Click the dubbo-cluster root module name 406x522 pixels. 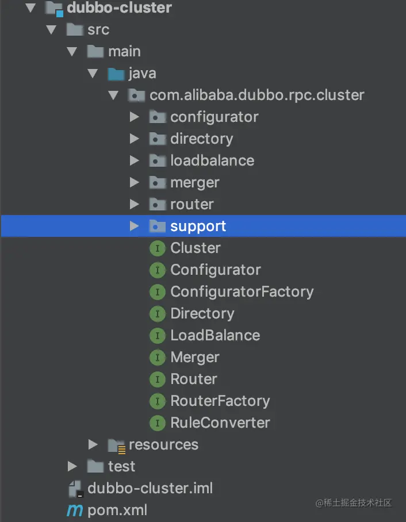pos(119,8)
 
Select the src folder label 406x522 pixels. pos(98,30)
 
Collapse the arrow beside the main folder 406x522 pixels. pos(72,52)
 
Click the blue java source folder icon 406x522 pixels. pos(116,74)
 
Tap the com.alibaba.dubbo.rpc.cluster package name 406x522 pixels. pos(257,95)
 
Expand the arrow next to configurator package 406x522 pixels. pos(134,117)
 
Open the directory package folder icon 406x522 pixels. pos(158,139)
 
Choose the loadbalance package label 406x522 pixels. pos(212,161)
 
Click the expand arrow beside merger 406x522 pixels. pos(134,182)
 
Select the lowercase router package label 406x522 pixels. pos(192,205)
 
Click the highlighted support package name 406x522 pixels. pos(198,227)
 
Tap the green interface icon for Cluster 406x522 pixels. pos(158,248)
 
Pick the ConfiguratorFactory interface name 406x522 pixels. pos(242,292)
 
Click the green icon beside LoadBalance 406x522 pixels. pos(158,336)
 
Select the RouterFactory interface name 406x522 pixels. pos(220,401)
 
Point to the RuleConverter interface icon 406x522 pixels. pos(158,423)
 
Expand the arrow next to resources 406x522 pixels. pos(93,445)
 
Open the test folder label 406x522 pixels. pos(121,467)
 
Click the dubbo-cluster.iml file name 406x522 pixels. pos(150,489)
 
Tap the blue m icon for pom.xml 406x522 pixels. pos(75,511)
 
